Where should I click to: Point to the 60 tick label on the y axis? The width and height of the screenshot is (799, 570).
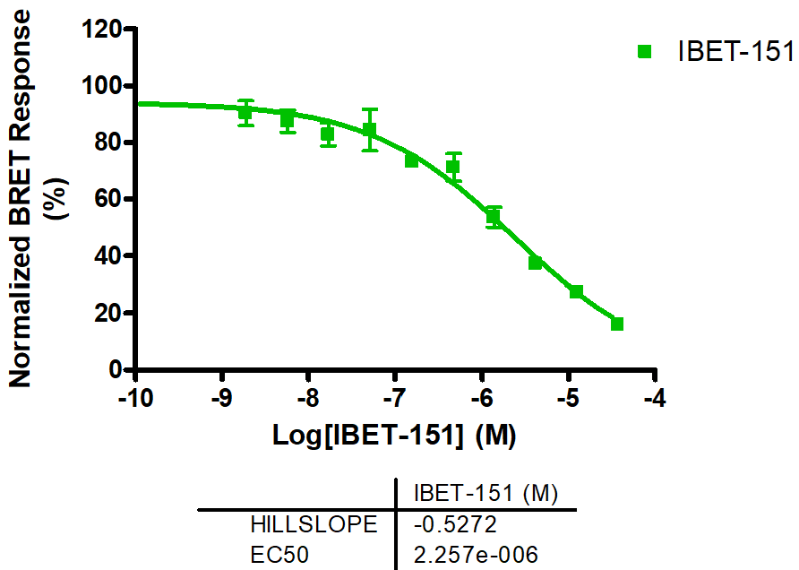[x=108, y=199]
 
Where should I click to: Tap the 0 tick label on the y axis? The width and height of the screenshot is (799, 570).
[x=116, y=369]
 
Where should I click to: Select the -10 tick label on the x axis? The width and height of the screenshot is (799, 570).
[x=134, y=398]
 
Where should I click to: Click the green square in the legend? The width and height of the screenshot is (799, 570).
[x=644, y=52]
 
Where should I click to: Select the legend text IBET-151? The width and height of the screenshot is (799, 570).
[x=735, y=52]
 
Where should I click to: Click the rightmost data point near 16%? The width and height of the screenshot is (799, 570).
[x=617, y=324]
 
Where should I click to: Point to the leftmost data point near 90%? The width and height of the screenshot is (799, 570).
[x=245, y=113]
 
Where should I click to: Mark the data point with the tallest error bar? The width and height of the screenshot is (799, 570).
[x=369, y=130]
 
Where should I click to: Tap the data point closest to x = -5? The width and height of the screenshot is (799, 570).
[x=576, y=292]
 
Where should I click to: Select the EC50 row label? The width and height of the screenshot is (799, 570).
[x=279, y=556]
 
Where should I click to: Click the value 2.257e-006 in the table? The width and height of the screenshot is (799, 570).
[x=476, y=556]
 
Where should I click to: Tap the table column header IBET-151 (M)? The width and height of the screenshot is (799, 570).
[x=485, y=494]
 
